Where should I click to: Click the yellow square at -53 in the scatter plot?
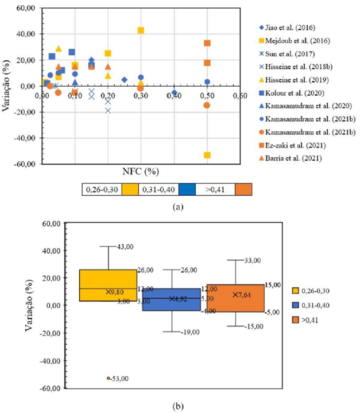(207, 155)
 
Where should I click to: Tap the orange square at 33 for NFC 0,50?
(207, 43)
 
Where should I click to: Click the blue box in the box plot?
(172, 299)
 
